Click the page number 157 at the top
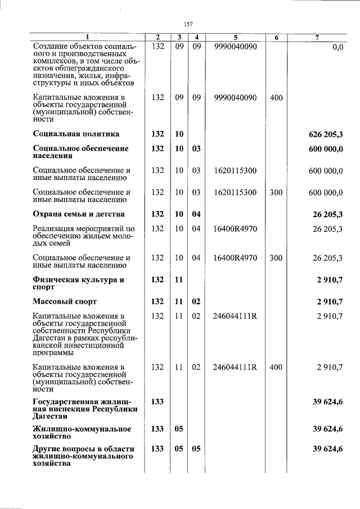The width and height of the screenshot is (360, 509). [x=188, y=24]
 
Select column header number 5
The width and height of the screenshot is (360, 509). [x=236, y=38]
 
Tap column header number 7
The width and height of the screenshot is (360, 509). [x=317, y=38]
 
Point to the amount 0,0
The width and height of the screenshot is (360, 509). [x=337, y=47]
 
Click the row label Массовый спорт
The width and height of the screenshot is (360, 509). [x=65, y=302]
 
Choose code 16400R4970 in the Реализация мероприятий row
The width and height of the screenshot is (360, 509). [x=236, y=229]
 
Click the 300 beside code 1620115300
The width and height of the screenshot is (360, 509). [x=276, y=193]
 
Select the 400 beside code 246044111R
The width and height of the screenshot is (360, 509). [x=276, y=368]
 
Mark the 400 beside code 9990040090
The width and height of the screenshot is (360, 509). [x=276, y=98]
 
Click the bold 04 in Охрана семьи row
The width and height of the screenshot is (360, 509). [x=196, y=214]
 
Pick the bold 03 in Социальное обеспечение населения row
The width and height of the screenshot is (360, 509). [x=196, y=148]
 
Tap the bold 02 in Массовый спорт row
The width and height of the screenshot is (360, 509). [x=196, y=302]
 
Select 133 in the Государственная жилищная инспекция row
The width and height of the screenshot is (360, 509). [x=157, y=401]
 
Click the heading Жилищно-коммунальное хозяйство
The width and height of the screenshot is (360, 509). [x=82, y=433]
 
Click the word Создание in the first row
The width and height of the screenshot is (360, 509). [x=50, y=47]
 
